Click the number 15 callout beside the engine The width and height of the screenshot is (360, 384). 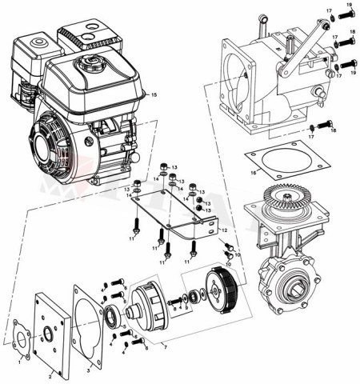tap(154, 96)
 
